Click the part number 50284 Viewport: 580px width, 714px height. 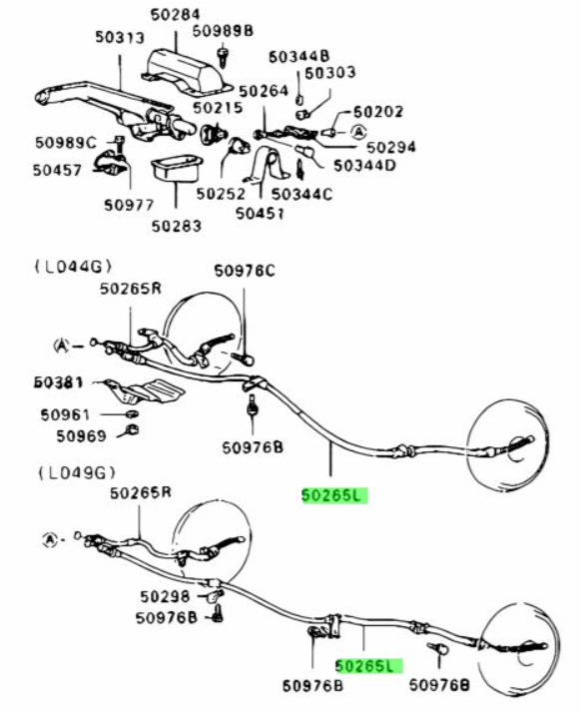175,14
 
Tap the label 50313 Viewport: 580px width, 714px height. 119,37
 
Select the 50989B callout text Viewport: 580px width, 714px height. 223,31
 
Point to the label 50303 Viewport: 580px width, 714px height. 329,73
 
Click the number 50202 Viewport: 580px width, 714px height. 378,112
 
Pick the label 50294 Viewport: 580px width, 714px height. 391,147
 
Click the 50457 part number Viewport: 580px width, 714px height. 57,171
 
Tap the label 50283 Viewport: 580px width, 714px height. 176,226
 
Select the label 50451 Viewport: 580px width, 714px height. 260,213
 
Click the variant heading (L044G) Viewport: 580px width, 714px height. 74,267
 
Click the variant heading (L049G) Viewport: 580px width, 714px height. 77,473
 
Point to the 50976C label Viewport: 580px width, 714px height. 245,271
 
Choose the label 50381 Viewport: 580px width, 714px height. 59,382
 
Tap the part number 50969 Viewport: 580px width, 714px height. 81,436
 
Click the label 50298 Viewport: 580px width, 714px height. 165,596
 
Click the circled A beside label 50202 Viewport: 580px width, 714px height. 359,133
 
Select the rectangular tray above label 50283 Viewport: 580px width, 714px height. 177,170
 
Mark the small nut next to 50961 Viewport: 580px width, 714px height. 132,413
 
